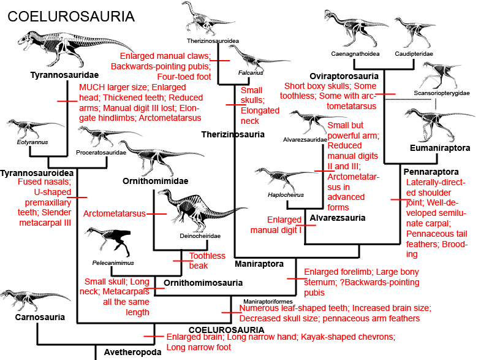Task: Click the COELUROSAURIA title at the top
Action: (70, 15)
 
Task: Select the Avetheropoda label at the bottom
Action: (132, 352)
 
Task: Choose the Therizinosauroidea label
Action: (213, 41)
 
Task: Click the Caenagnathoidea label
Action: (355, 54)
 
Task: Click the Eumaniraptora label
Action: (439, 148)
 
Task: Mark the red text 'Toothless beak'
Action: (199, 261)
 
